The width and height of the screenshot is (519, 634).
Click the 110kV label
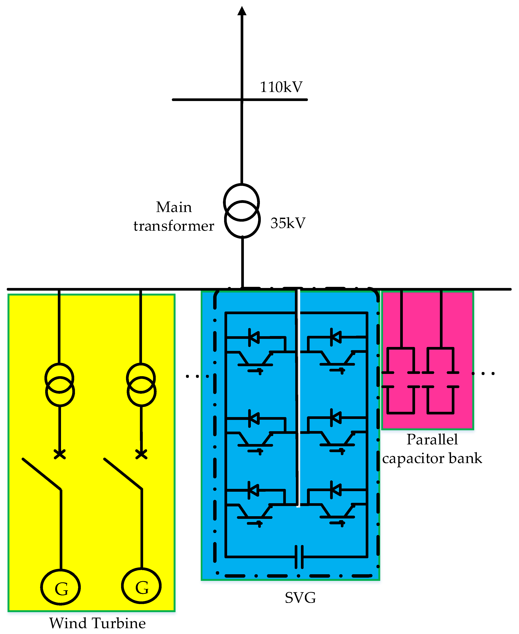coord(281,87)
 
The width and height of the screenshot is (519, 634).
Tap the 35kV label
coord(288,223)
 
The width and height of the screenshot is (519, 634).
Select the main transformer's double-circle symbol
coord(242,211)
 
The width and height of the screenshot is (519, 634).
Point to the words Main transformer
coord(174,216)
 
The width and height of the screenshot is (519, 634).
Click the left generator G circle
coord(61,587)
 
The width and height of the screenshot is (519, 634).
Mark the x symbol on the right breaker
coord(141,454)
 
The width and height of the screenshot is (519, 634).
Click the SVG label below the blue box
coord(300,598)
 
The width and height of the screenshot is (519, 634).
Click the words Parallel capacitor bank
coord(432,449)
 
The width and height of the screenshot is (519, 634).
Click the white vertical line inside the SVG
coord(298,398)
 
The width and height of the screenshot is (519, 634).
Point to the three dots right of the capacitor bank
coord(483,373)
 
